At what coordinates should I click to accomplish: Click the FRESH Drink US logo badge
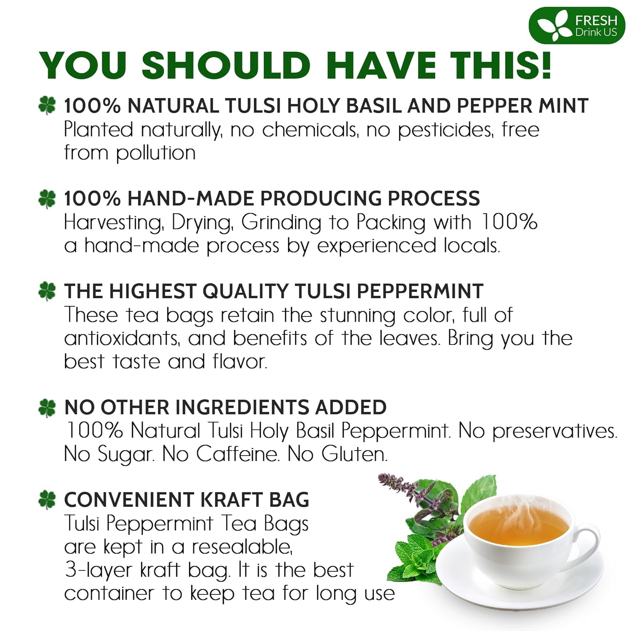[x=577, y=26]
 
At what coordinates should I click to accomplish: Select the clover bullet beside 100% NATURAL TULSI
[x=47, y=105]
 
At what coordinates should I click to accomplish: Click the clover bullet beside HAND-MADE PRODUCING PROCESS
[x=47, y=199]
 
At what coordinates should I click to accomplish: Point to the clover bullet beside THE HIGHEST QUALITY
[x=47, y=291]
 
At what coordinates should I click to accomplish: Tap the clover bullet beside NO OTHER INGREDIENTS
[x=47, y=407]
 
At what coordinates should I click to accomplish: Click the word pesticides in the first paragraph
[x=445, y=130]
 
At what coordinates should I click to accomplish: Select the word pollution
[x=156, y=153]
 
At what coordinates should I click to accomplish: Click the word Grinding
[x=281, y=223]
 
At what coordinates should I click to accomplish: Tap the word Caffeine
[x=237, y=454]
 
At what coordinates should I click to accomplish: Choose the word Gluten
[x=354, y=454]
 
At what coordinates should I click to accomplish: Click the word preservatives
[x=554, y=431]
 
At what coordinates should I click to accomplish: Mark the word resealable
[x=242, y=547]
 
